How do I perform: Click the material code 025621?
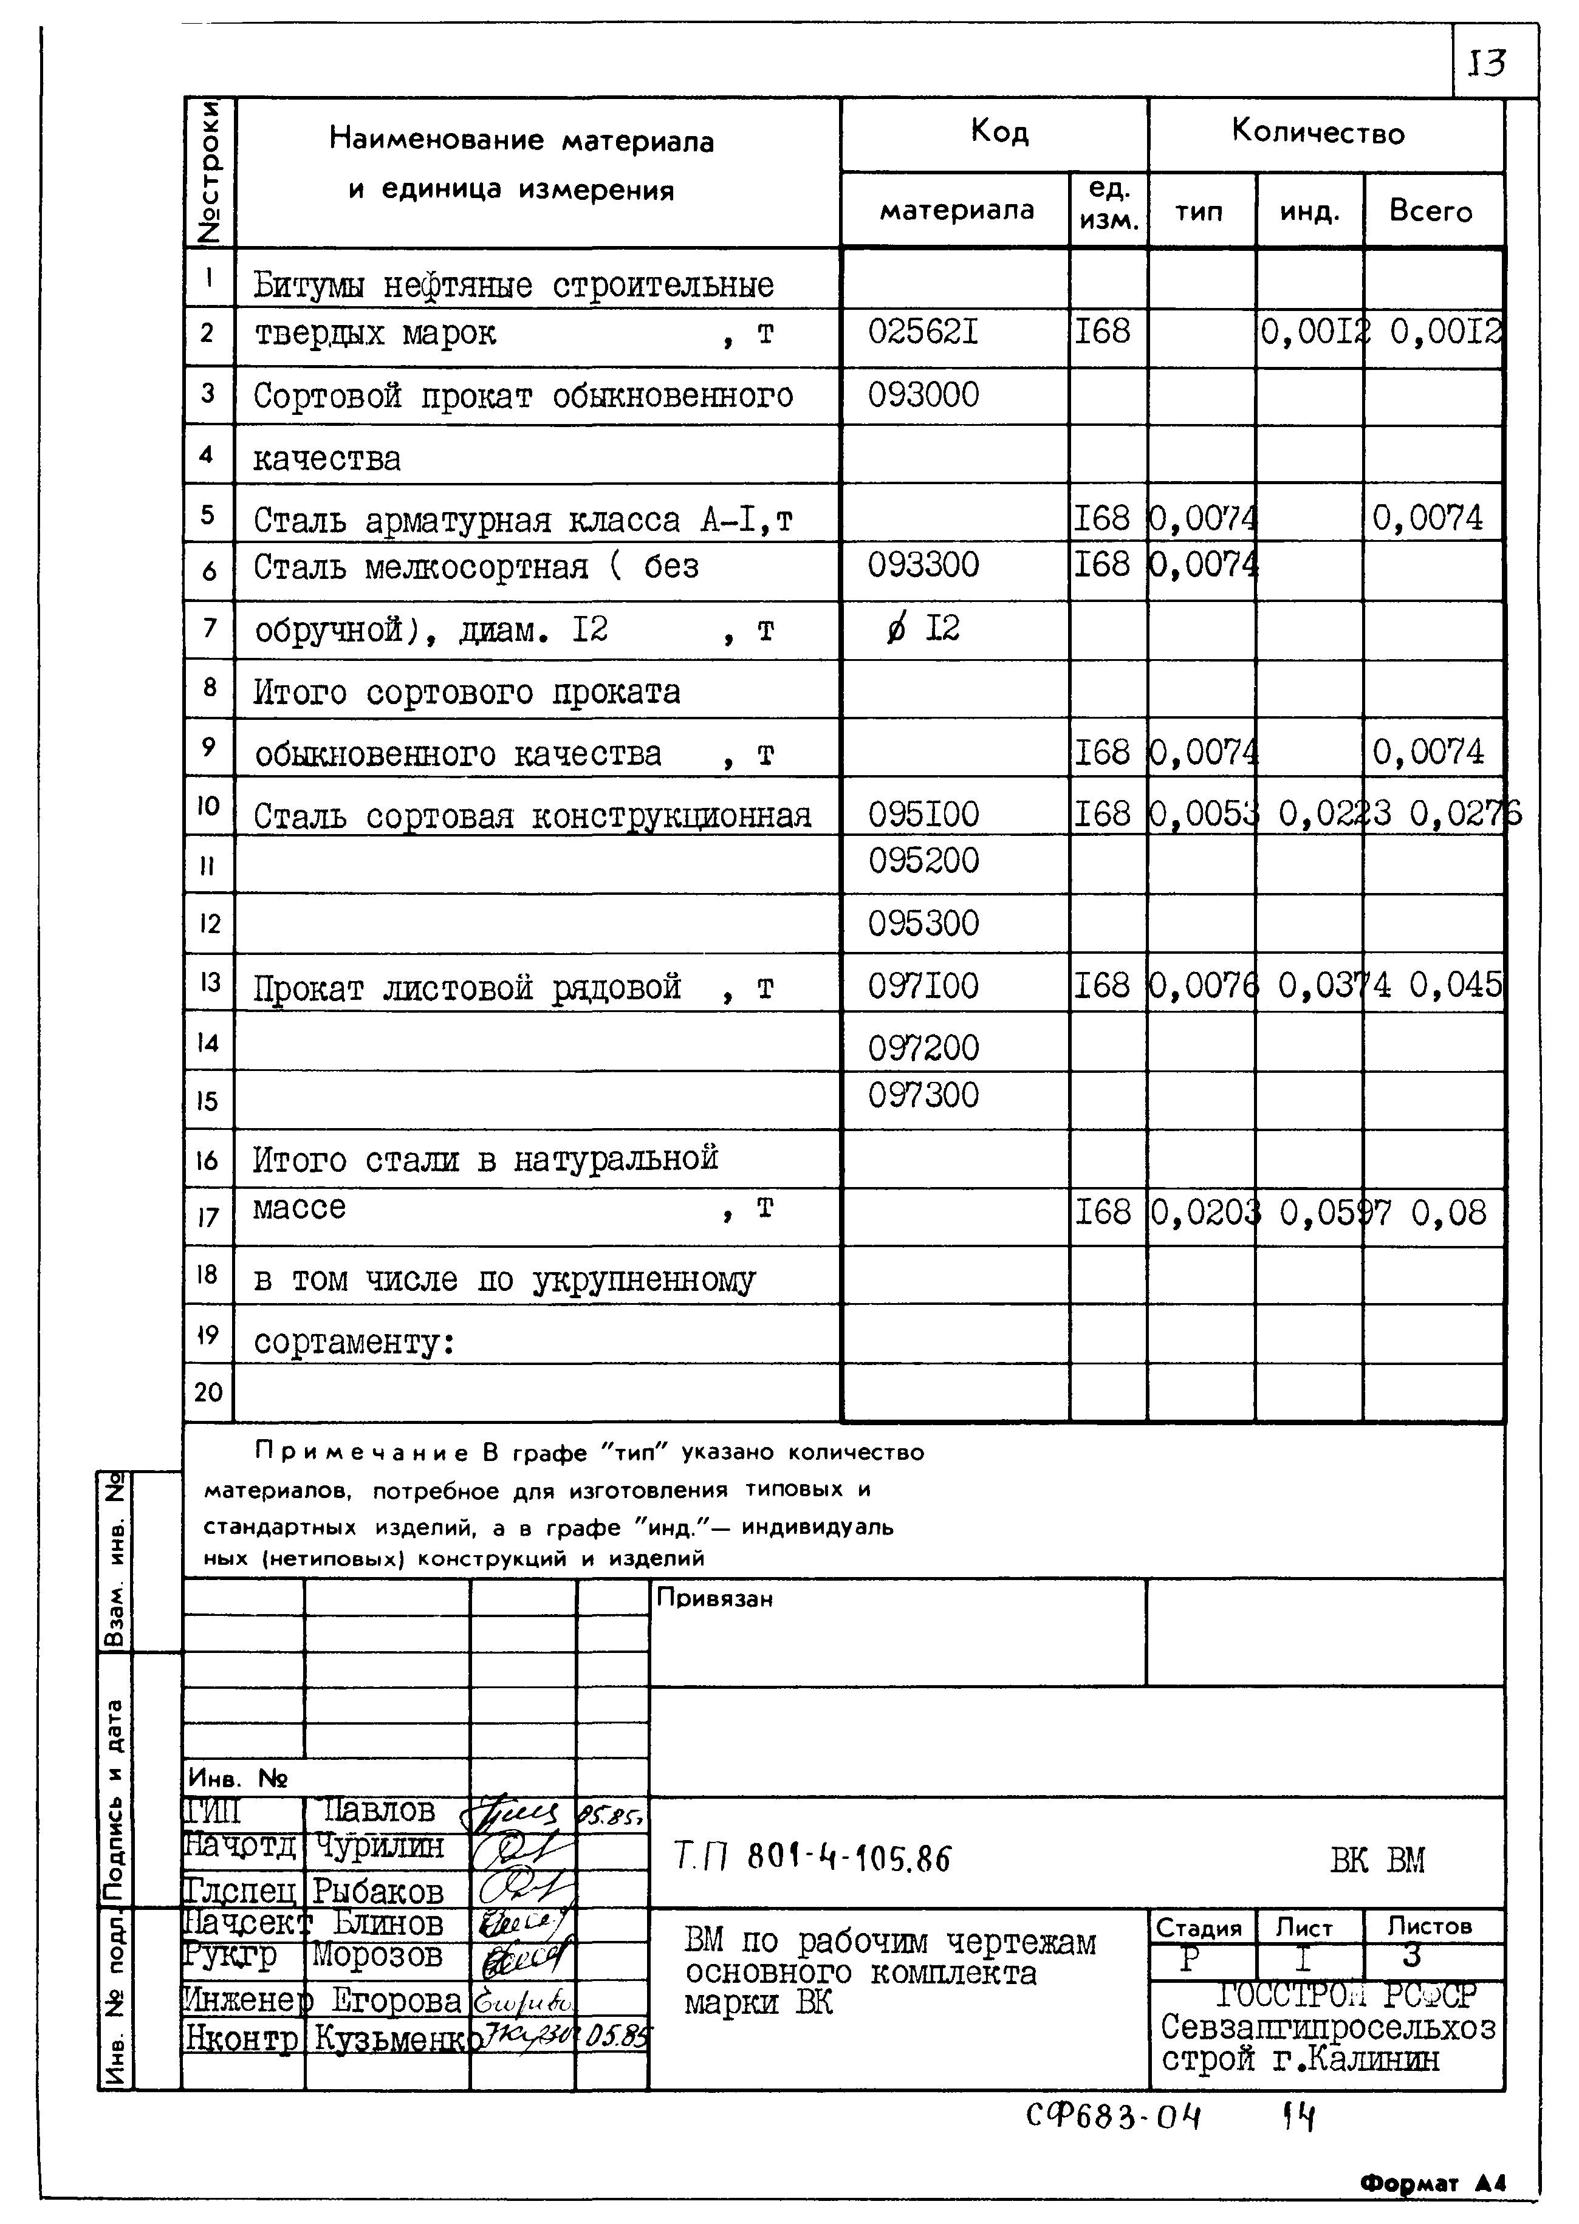(923, 332)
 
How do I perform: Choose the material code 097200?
(923, 1047)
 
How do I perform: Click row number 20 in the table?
(208, 1392)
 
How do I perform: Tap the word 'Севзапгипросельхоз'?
(1327, 2027)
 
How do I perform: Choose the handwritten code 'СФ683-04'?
(1113, 2115)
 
